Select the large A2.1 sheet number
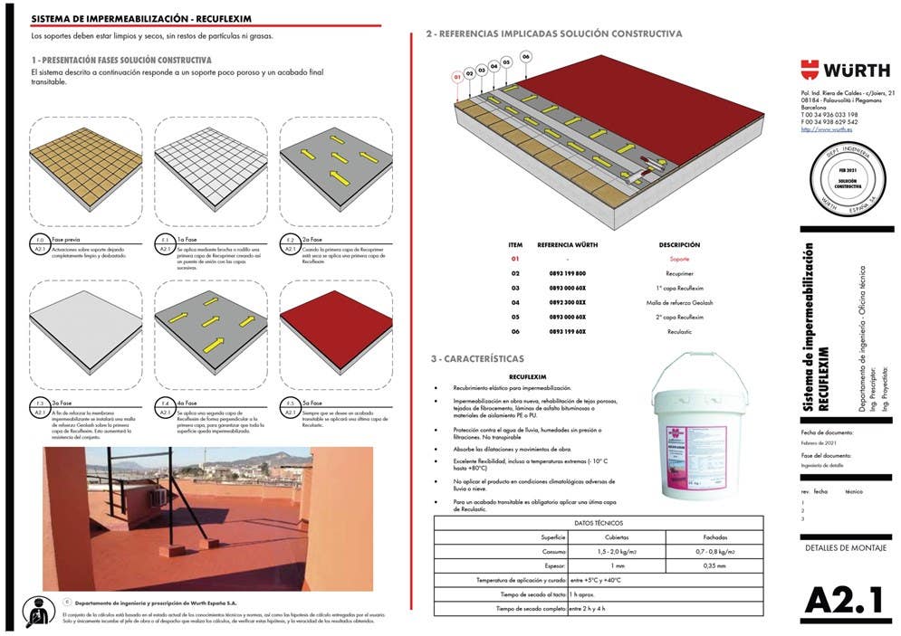pos(845,600)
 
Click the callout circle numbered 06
pos(525,57)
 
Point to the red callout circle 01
pos(457,78)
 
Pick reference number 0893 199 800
pos(568,273)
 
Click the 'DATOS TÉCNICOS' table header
pos(599,522)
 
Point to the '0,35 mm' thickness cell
pos(714,565)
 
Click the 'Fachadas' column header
pos(714,536)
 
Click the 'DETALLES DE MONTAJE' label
pos(845,548)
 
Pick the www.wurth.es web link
pos(820,129)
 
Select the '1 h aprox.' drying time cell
pos(581,594)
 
